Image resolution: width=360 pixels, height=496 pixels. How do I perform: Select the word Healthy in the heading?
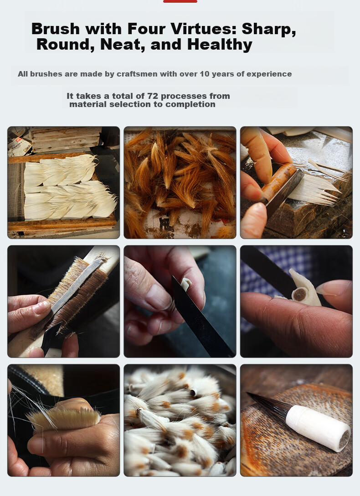coord(220,45)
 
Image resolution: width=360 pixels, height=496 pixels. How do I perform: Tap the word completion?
coord(190,104)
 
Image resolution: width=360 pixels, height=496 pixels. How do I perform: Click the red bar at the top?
coord(180,1)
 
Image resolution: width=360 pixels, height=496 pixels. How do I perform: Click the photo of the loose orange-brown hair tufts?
coord(180,183)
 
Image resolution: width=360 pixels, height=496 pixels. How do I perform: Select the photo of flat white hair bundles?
coord(64,183)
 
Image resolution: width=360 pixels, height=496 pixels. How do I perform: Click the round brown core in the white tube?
coord(299,295)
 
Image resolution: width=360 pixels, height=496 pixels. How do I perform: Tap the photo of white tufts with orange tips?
coord(180,420)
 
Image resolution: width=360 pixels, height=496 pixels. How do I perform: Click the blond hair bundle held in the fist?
coord(65,418)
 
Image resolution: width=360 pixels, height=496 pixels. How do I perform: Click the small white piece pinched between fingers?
coord(185,284)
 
